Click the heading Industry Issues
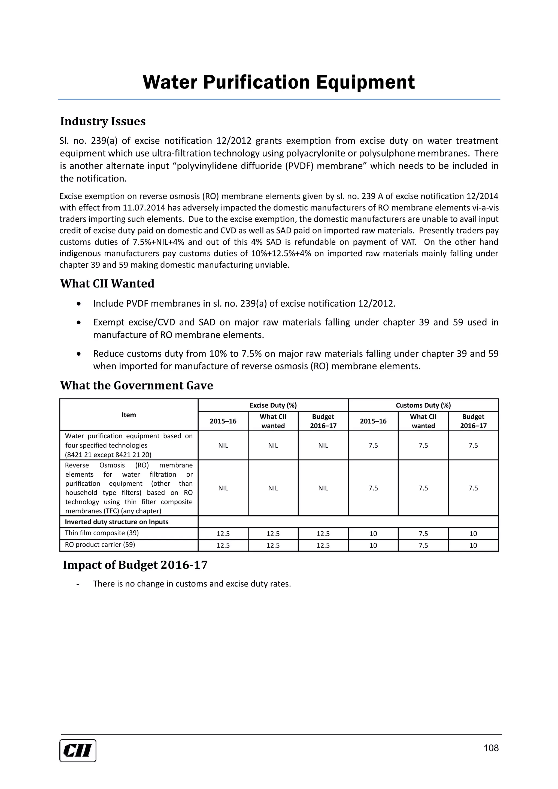coord(103,121)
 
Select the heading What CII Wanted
coord(107,283)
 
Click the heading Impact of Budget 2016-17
coord(135,565)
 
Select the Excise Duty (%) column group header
coord(273,405)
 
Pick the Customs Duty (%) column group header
coord(423,405)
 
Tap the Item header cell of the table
coord(129,415)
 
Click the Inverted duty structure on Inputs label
coord(117,522)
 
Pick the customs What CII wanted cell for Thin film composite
coord(423,533)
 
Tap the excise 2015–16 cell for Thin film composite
coord(223,533)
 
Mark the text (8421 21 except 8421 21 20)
coord(108,455)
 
